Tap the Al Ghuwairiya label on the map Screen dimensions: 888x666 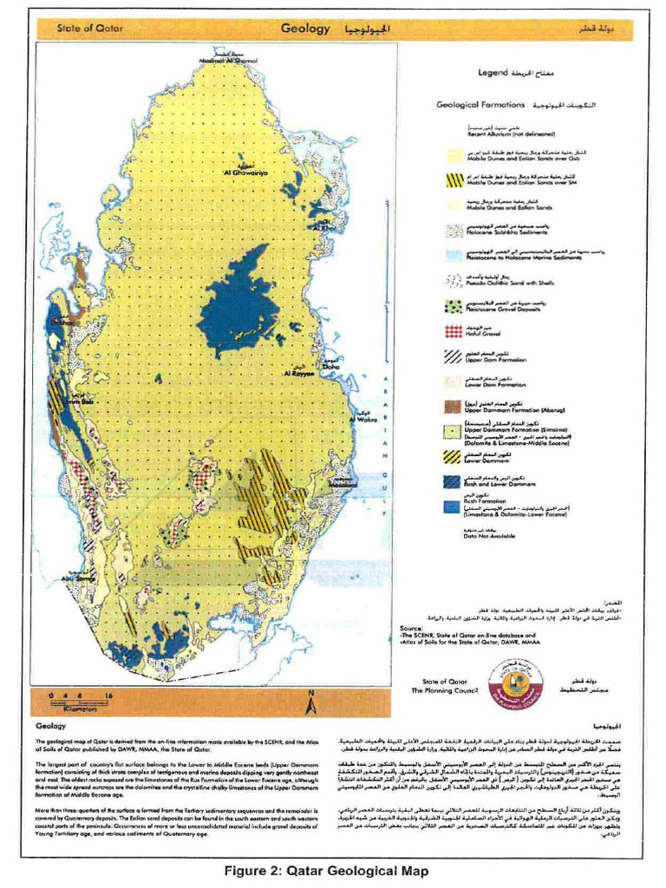(x=245, y=172)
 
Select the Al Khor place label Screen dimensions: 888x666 (x=327, y=228)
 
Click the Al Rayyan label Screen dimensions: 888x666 (x=299, y=374)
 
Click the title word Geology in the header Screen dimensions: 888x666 (x=306, y=29)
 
